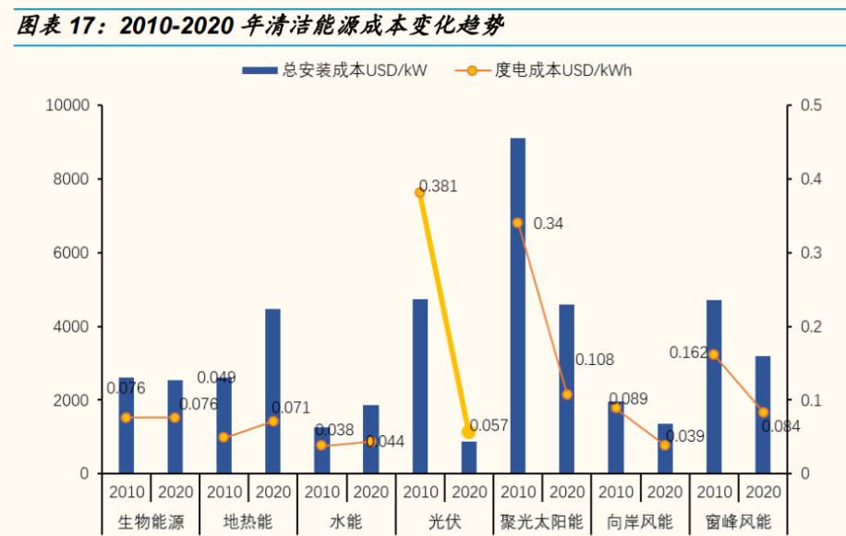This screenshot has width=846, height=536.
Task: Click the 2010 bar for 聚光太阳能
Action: click(517, 305)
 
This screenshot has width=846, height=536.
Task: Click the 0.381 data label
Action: click(439, 187)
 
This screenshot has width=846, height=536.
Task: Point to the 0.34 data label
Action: click(549, 224)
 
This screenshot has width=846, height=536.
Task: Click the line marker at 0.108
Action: click(566, 395)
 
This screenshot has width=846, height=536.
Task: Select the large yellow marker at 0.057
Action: click(468, 432)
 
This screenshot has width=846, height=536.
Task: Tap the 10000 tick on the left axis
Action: click(67, 105)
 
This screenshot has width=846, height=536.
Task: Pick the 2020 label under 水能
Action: click(370, 492)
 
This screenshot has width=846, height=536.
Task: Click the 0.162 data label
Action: click(686, 352)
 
